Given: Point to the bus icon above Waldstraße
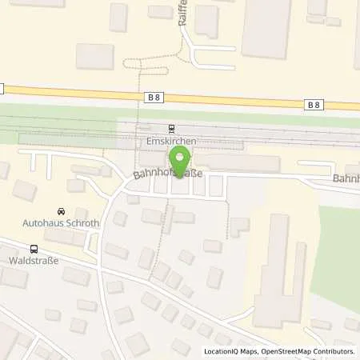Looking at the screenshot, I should (x=34, y=249).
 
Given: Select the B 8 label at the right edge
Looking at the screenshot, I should (x=315, y=103).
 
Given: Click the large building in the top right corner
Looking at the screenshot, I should (x=266, y=28).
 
